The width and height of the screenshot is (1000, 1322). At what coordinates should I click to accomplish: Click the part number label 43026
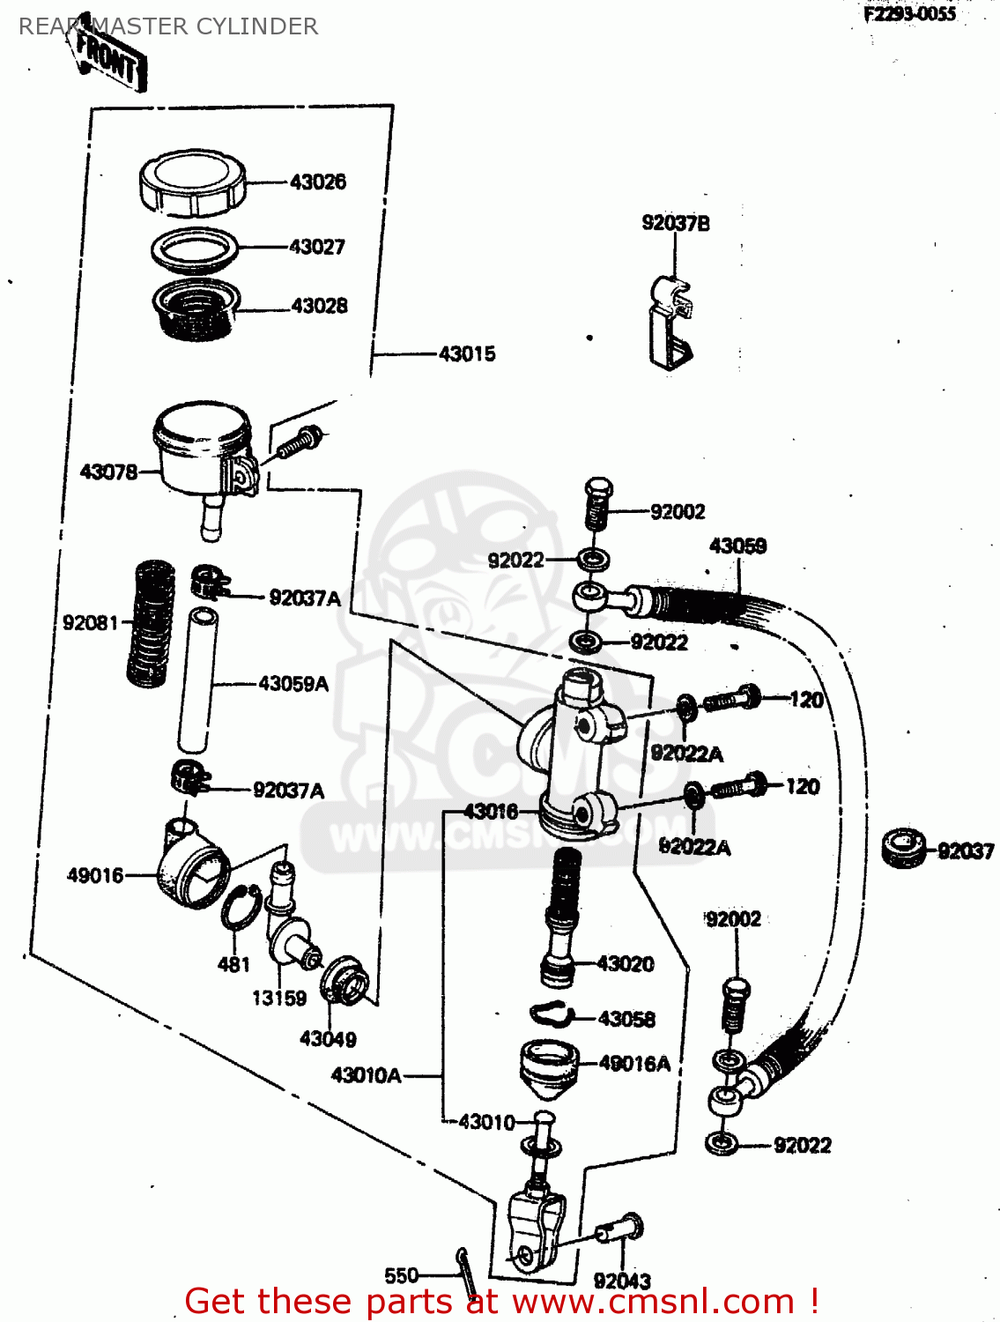tap(318, 182)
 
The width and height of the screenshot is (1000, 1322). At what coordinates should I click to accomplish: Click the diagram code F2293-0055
tap(909, 13)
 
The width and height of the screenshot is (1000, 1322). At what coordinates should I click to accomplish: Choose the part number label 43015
tap(467, 354)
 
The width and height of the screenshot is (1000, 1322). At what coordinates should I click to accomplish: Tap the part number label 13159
tap(279, 999)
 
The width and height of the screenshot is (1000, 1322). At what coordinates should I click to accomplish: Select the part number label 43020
tap(626, 964)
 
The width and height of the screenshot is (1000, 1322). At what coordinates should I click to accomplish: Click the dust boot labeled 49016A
tap(549, 1067)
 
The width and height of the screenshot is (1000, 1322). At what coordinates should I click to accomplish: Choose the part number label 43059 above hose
tap(737, 546)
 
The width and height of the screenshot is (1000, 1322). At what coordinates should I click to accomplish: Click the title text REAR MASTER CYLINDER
tap(168, 26)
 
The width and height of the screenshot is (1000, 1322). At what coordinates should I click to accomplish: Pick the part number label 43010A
tap(367, 1075)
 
